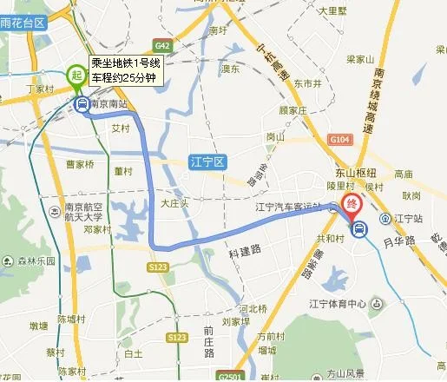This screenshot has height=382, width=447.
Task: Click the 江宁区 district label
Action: (x=207, y=160)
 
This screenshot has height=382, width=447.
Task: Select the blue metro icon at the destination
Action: (x=358, y=229)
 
